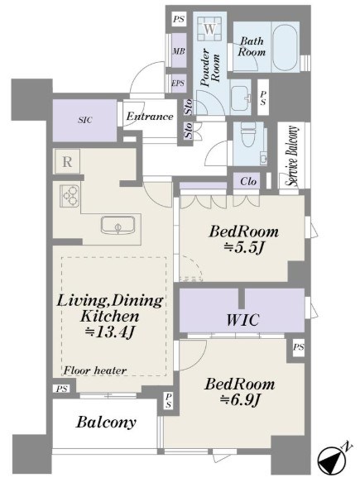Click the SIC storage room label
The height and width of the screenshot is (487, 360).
point(85,120)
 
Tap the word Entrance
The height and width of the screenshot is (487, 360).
point(150,117)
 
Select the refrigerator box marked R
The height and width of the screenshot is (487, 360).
point(67,161)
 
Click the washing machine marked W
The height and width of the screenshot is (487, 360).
point(210,29)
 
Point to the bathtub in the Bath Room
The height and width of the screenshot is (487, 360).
point(286,47)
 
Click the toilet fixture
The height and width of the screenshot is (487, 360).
point(248,134)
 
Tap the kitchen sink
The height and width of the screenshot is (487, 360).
point(118,225)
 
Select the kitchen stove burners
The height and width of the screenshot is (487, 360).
point(70,196)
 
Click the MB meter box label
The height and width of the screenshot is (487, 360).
point(179,51)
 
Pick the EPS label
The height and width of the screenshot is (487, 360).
point(178,84)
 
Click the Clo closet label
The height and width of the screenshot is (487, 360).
point(248,181)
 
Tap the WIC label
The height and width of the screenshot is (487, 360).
point(242,320)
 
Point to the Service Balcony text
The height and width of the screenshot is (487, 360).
point(293,156)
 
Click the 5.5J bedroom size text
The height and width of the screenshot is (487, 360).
point(244,247)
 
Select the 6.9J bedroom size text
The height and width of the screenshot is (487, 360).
point(240,400)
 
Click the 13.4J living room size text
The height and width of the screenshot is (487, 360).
point(110,332)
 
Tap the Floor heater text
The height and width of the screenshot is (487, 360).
point(95,370)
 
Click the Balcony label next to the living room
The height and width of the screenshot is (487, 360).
point(106,423)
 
